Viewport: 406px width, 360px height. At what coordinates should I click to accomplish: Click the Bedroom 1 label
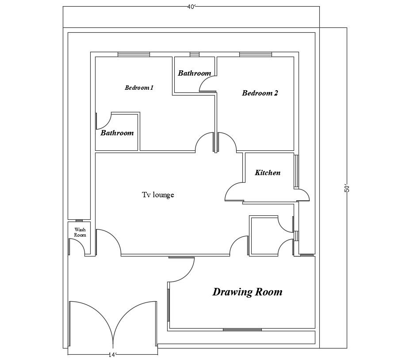(139, 88)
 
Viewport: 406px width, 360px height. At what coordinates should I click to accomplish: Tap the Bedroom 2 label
(260, 93)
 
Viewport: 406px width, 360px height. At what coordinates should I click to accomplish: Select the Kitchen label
(268, 173)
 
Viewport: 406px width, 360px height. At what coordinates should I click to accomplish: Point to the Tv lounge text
(158, 195)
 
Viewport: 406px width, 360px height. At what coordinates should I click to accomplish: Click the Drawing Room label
(247, 292)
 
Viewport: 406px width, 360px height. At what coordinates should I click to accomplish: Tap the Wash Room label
(80, 232)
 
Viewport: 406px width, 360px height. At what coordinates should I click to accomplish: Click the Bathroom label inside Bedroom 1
(117, 133)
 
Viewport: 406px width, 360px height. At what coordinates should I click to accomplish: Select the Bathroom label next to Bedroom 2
(194, 73)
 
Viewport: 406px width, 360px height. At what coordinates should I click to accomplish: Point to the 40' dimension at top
(191, 6)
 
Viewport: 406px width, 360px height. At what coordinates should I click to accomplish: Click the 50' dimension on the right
(347, 188)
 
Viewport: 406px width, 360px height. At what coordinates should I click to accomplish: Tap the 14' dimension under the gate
(112, 355)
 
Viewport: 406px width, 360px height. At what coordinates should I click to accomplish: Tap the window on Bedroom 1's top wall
(134, 54)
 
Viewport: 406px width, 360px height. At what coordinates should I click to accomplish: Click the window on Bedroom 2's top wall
(256, 54)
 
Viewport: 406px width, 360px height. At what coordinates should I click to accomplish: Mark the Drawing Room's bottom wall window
(242, 329)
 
